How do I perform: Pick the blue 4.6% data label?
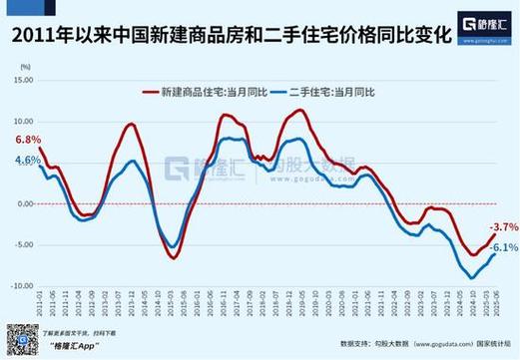click(28, 161)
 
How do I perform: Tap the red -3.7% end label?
click(503, 227)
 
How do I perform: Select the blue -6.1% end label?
click(503, 247)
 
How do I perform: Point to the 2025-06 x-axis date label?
click(494, 304)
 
